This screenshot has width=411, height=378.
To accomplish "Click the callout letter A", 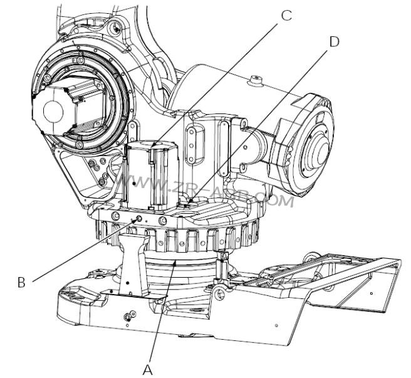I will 147,369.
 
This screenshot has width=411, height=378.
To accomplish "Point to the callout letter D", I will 334,41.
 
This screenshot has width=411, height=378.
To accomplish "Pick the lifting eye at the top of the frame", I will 115,28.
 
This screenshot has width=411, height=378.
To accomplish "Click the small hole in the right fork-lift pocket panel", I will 371,292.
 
